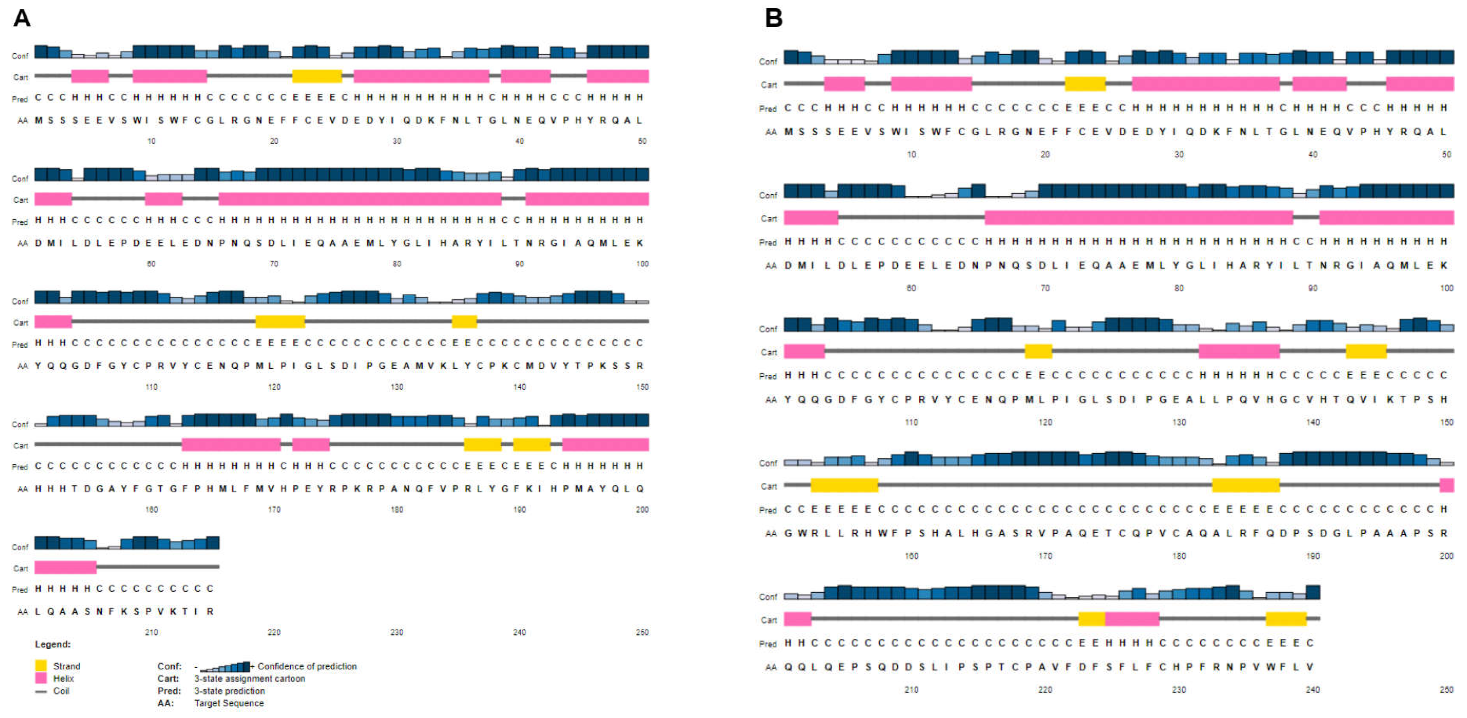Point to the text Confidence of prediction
[307, 666]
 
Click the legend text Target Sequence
[229, 703]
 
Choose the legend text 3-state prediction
[230, 691]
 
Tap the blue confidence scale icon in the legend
[225, 666]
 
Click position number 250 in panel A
[642, 632]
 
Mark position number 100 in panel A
[642, 264]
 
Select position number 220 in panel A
[274, 632]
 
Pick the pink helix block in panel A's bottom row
[66, 567]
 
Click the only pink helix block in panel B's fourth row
[1447, 485]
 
